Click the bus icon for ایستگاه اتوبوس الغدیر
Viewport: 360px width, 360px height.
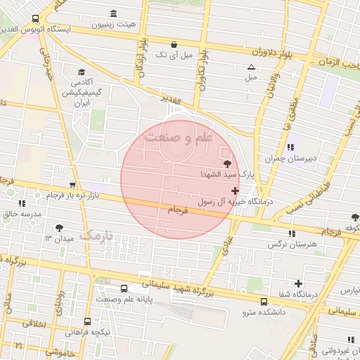click(36, 18)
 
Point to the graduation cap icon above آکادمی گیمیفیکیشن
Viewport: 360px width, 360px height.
click(82, 72)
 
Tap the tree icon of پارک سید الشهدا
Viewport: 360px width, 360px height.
click(226, 162)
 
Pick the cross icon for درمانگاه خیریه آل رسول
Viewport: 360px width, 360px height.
click(235, 191)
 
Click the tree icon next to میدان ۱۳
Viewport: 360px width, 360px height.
click(59, 227)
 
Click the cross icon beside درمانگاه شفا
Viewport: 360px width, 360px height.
click(299, 283)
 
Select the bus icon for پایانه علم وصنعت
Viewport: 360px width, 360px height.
click(124, 288)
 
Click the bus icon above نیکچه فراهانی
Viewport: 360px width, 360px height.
click(87, 321)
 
